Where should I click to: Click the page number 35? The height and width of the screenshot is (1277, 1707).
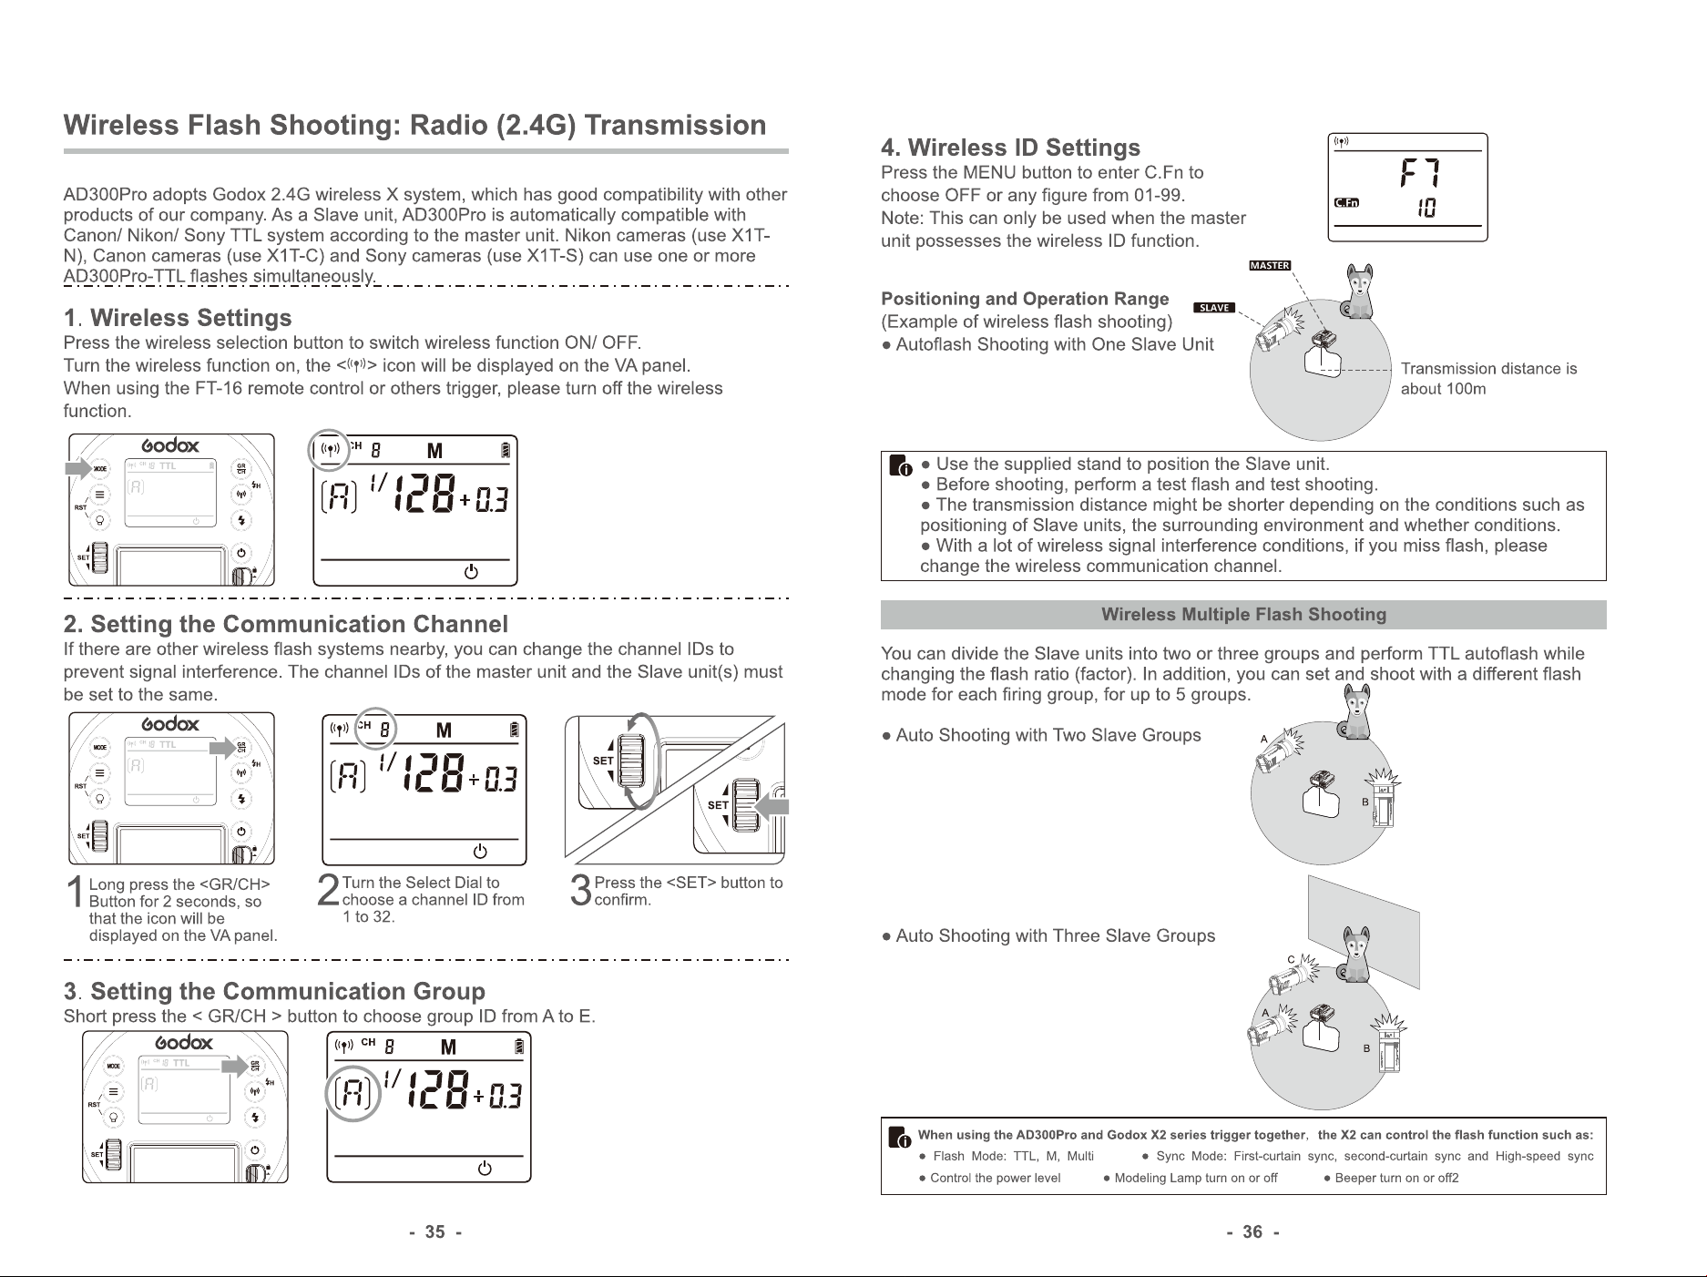coord(435,1232)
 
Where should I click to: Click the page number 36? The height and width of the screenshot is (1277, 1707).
coord(1252,1232)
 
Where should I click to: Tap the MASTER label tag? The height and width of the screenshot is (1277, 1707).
coord(1270,266)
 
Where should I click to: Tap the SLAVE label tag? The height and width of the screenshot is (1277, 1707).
coord(1214,308)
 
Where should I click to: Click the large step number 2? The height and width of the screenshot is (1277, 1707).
coord(329,892)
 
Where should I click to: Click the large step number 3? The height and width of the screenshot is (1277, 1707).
coord(581,892)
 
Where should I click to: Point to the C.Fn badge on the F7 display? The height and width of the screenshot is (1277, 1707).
coord(1346,203)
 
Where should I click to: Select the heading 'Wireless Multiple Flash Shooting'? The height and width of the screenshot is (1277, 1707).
coord(1243,615)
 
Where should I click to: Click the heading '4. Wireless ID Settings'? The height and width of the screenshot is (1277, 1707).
coord(1010,148)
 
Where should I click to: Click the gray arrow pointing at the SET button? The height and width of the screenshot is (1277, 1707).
coord(772,806)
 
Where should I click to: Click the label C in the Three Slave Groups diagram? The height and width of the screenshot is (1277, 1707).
coord(1291,960)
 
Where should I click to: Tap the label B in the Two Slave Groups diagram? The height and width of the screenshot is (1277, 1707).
coord(1365,802)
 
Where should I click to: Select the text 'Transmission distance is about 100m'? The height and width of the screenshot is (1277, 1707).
coord(1488,379)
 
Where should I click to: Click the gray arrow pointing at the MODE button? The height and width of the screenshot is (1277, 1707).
coord(78,468)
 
